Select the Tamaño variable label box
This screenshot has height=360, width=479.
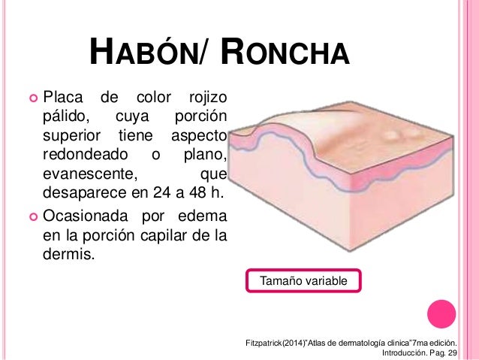pyautogui.click(x=303, y=281)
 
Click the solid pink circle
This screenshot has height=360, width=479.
pyautogui.click(x=441, y=314)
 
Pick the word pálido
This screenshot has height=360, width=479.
pyautogui.click(x=65, y=117)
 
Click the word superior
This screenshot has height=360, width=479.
pyautogui.click(x=71, y=137)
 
